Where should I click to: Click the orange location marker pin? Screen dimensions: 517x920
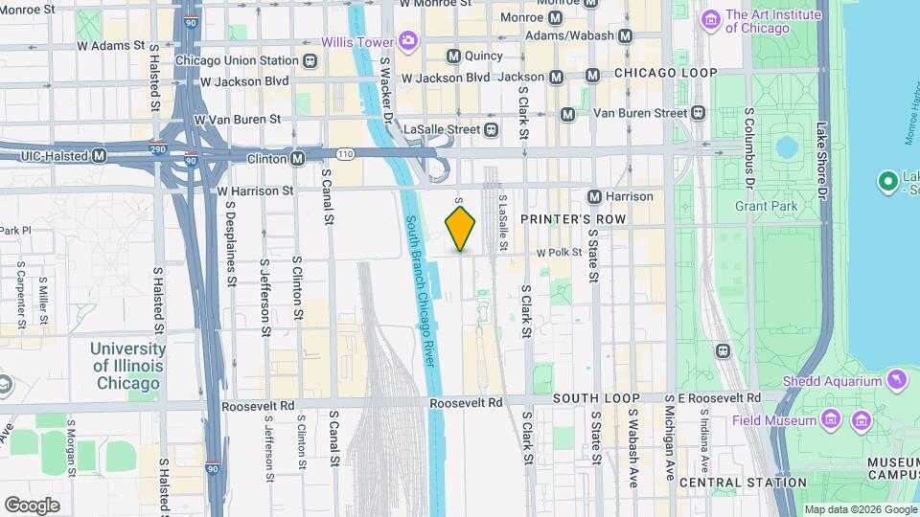(x=461, y=228)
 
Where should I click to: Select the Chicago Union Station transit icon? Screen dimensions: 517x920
(x=310, y=60)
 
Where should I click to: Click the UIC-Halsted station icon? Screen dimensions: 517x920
(x=98, y=156)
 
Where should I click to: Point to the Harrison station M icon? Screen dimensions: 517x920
(x=594, y=196)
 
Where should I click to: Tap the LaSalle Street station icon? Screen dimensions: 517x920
(x=491, y=128)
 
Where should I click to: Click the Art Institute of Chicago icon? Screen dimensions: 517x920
(x=711, y=18)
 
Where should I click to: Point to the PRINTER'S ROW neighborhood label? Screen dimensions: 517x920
(x=572, y=219)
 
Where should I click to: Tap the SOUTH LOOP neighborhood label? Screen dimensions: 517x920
(x=589, y=397)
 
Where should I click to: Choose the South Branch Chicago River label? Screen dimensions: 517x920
(x=421, y=290)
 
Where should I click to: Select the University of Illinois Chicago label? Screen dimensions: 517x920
(x=126, y=366)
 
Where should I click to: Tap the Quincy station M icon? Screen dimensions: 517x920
(x=453, y=56)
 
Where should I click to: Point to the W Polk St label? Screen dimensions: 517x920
(x=559, y=253)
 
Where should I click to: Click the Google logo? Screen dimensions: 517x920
(x=32, y=505)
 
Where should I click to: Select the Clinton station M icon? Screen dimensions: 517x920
(x=298, y=157)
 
